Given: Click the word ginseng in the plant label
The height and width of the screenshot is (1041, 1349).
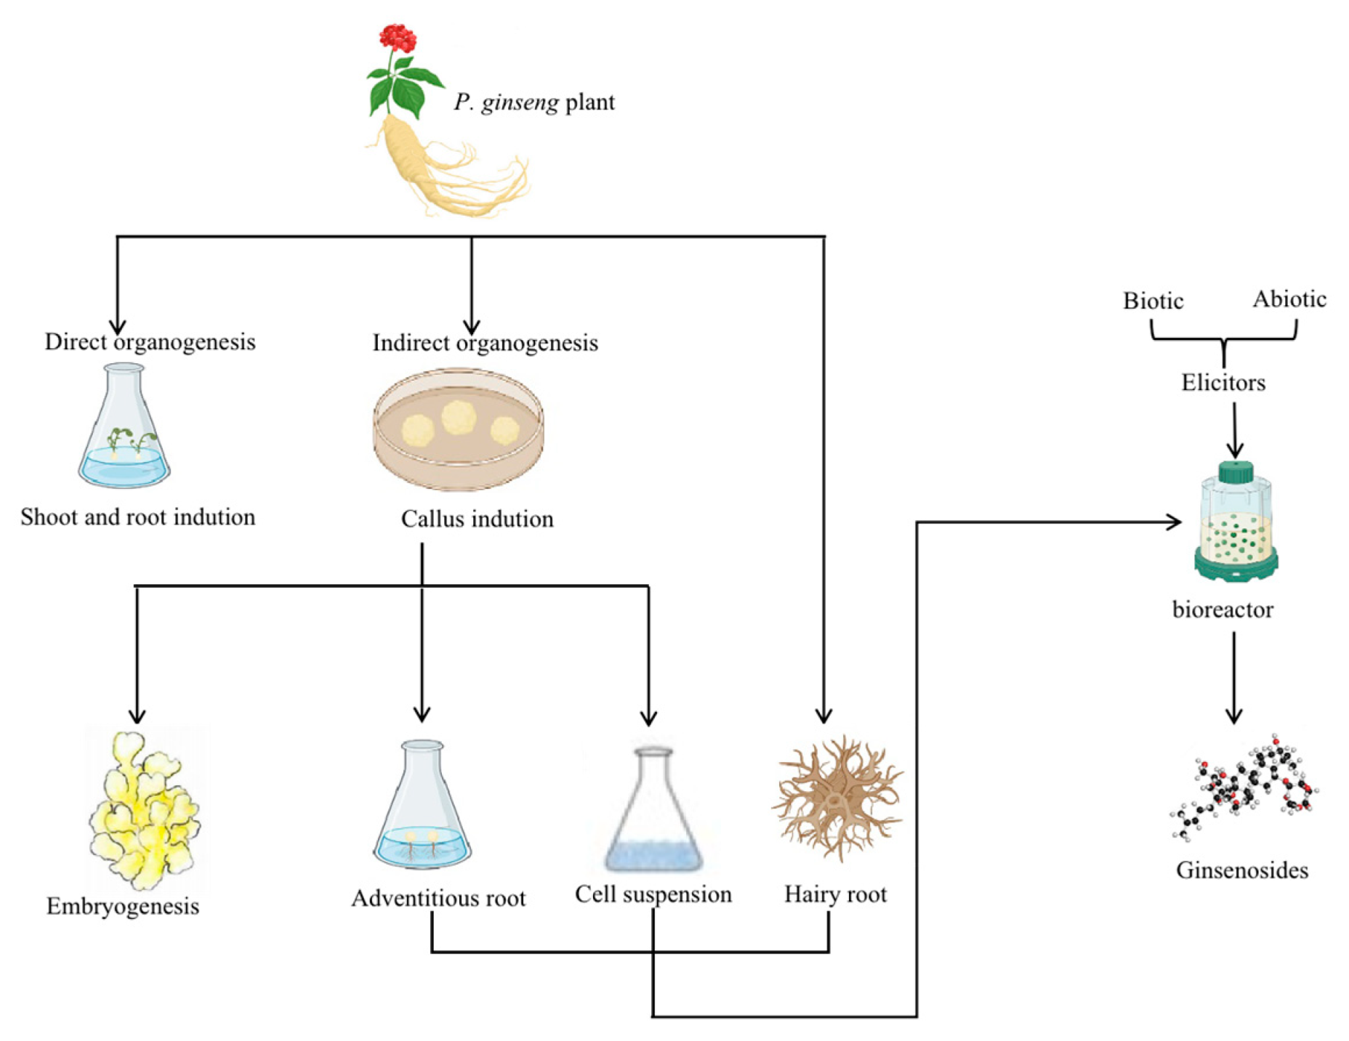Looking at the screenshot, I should click(x=520, y=102).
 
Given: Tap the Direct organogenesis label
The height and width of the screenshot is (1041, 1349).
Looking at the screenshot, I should click(x=150, y=342).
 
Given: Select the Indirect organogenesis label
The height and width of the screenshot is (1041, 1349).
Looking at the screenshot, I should click(x=485, y=343).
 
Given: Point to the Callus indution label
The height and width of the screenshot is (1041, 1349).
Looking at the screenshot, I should click(x=477, y=519).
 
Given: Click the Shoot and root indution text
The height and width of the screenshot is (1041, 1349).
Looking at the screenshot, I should click(x=137, y=517).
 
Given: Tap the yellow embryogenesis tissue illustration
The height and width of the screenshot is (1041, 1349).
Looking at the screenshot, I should click(x=144, y=810).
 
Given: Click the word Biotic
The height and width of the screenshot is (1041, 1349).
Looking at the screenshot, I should click(x=1153, y=301).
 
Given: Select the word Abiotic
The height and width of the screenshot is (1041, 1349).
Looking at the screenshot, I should click(x=1289, y=299).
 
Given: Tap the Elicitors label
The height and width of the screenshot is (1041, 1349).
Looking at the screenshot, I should click(x=1223, y=383).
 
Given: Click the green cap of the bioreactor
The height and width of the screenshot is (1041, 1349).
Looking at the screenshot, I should click(x=1235, y=472).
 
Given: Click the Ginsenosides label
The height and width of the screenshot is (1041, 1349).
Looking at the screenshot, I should click(x=1241, y=870).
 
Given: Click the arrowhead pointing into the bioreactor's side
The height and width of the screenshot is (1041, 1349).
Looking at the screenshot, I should click(x=1174, y=522).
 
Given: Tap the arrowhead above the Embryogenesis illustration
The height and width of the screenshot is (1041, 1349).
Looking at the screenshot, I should click(x=137, y=715).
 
